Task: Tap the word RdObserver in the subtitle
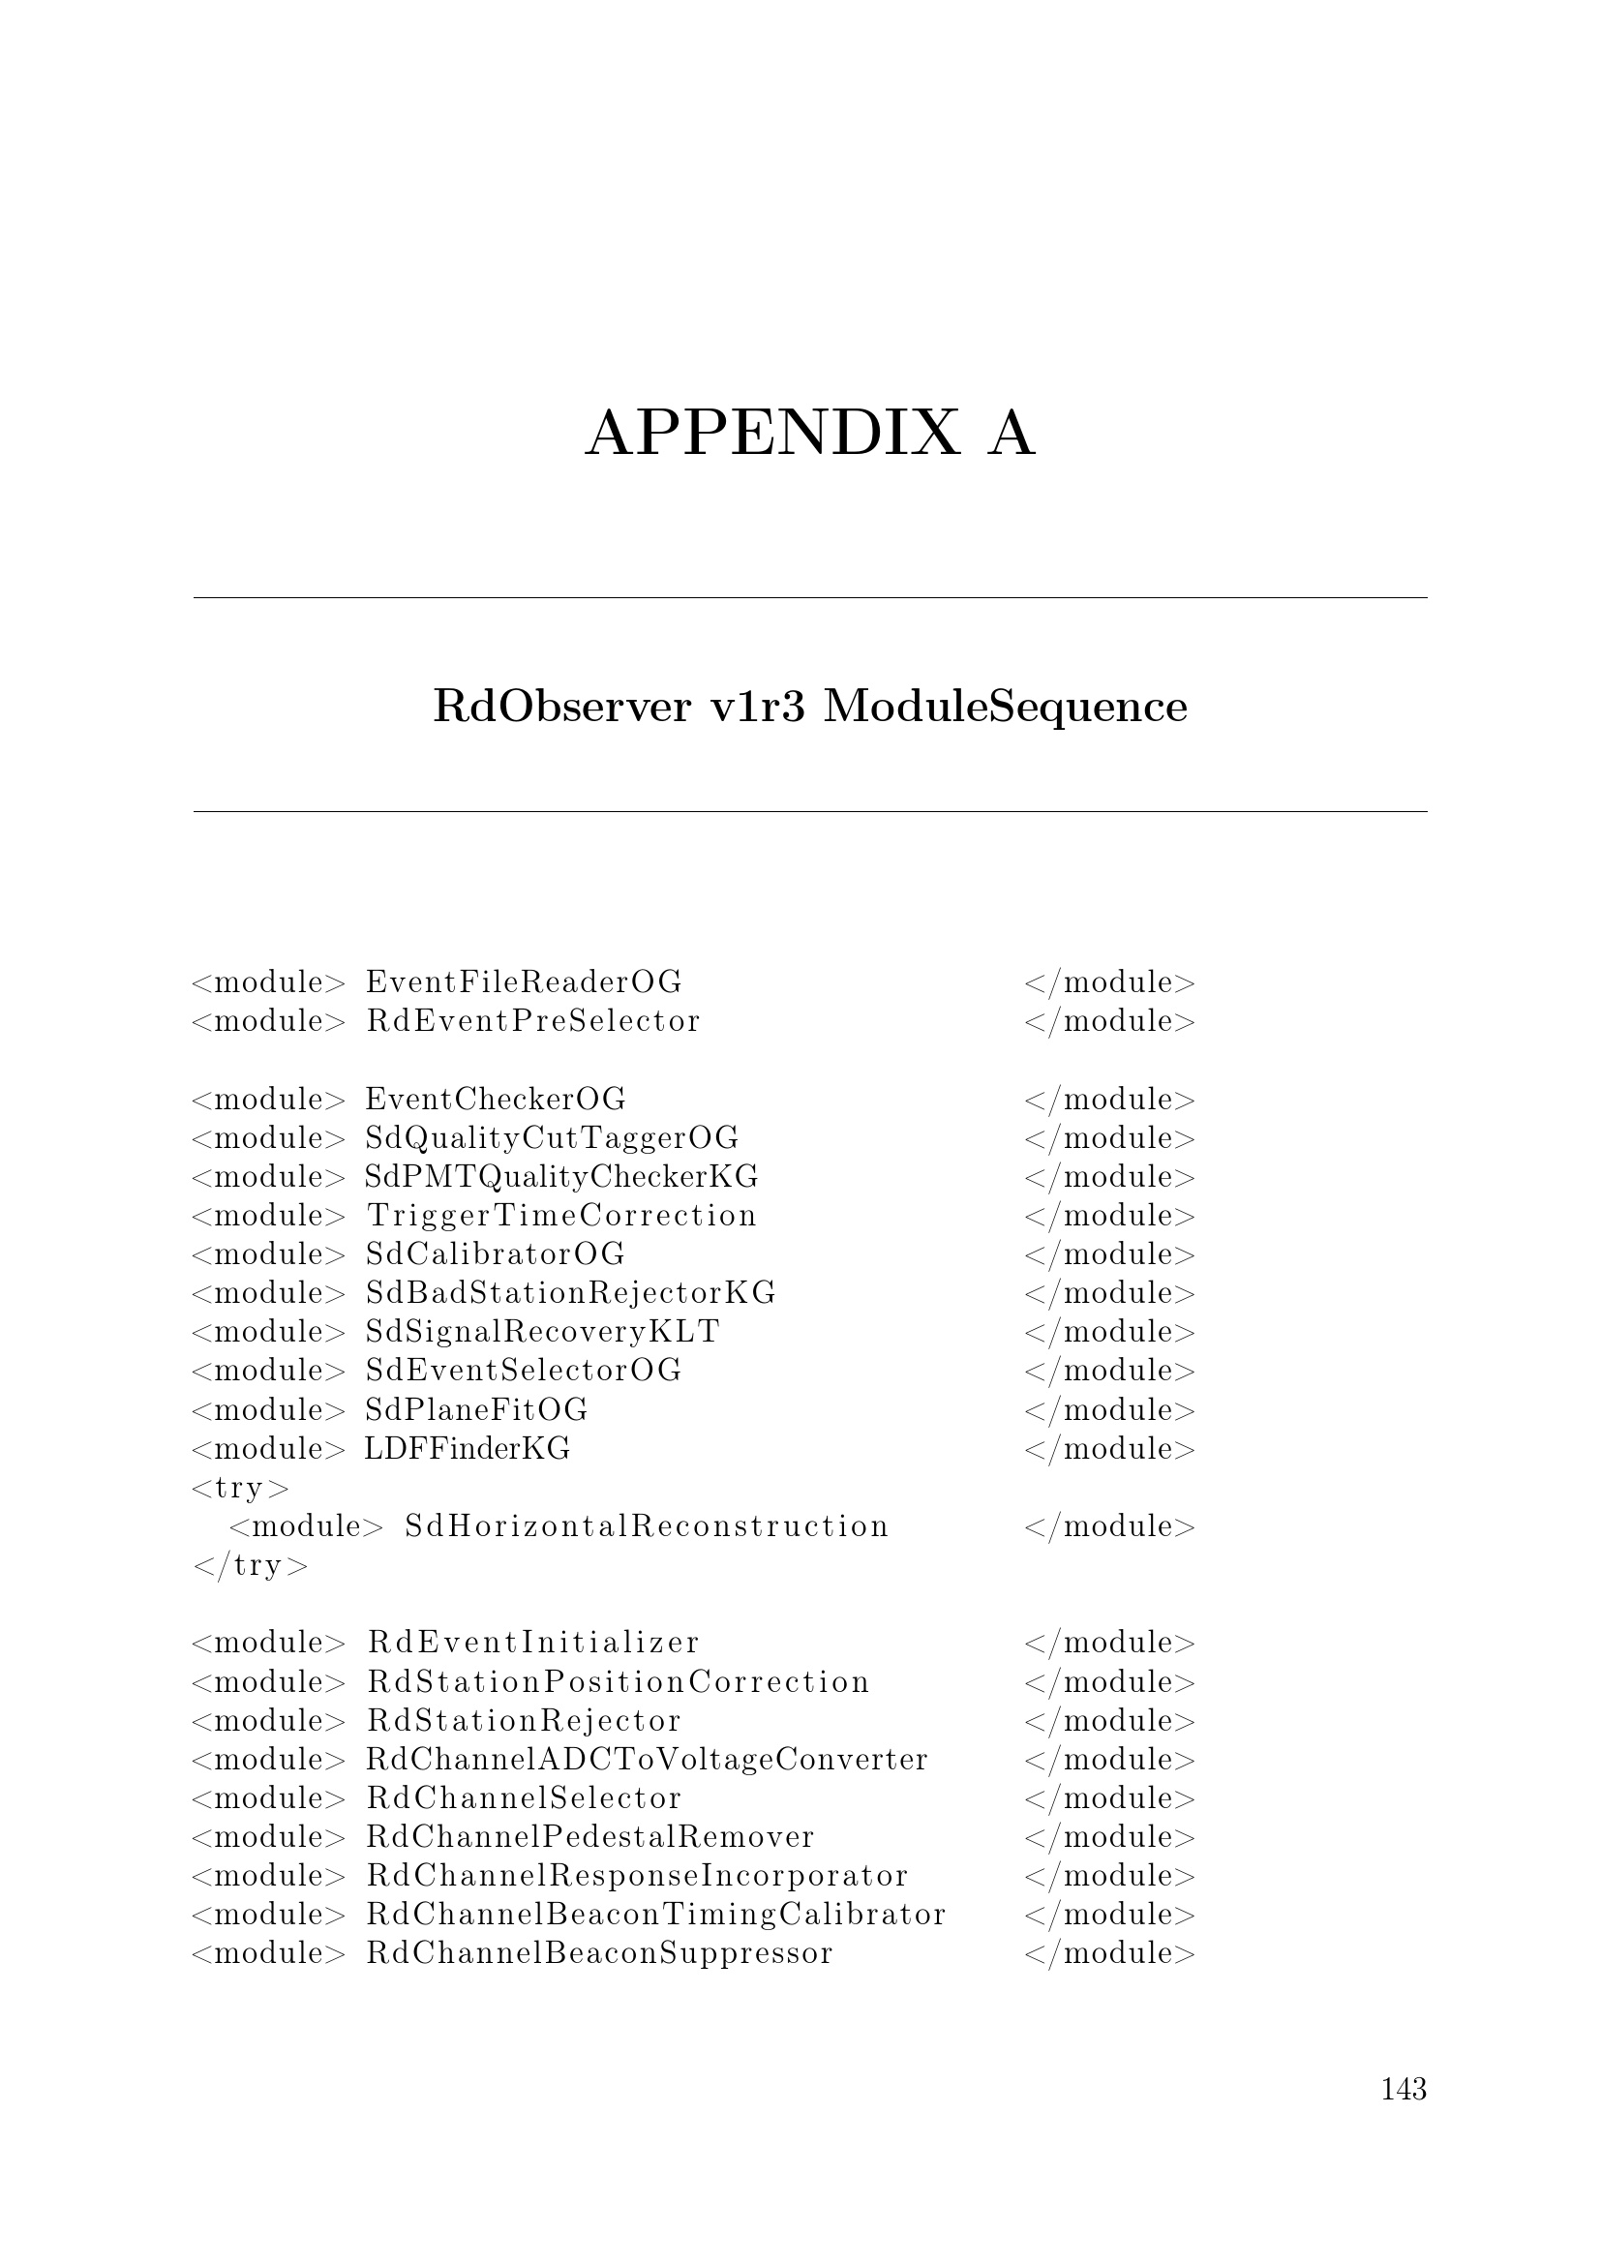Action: (x=562, y=706)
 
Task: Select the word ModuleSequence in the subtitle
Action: (x=1005, y=706)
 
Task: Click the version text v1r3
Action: (x=757, y=706)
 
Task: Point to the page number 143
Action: (x=1403, y=2089)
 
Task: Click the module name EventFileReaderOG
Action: (x=524, y=982)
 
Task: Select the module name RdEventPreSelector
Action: (x=533, y=1020)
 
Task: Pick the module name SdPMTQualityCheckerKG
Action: (x=561, y=1176)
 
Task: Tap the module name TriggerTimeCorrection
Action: (x=562, y=1215)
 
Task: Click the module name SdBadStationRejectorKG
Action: (x=571, y=1293)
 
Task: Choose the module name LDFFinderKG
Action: (x=468, y=1449)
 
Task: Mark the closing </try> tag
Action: (x=251, y=1565)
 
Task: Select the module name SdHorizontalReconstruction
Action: (x=647, y=1526)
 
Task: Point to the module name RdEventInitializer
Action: (x=533, y=1643)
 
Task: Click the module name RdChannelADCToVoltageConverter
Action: (x=647, y=1759)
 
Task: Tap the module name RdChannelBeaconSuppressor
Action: (x=599, y=1953)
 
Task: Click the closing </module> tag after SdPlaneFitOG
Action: (x=1110, y=1410)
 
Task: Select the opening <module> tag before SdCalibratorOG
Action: (x=269, y=1254)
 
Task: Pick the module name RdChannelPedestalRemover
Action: (x=590, y=1837)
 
